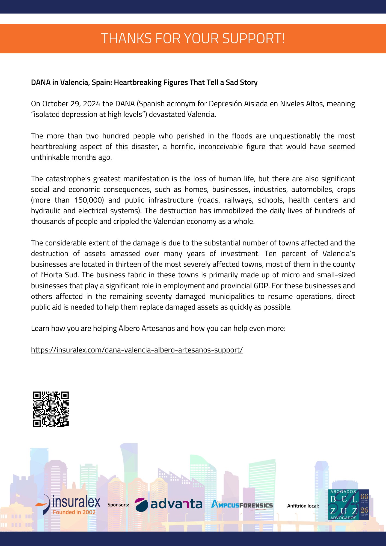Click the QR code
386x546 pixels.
51,409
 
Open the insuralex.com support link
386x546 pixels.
137,350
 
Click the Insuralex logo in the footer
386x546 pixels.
68,505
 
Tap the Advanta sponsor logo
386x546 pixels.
169,505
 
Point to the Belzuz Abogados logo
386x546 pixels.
348,505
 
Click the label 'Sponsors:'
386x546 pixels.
118,505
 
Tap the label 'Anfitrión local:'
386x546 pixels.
303,506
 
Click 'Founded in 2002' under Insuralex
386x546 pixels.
74,512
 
